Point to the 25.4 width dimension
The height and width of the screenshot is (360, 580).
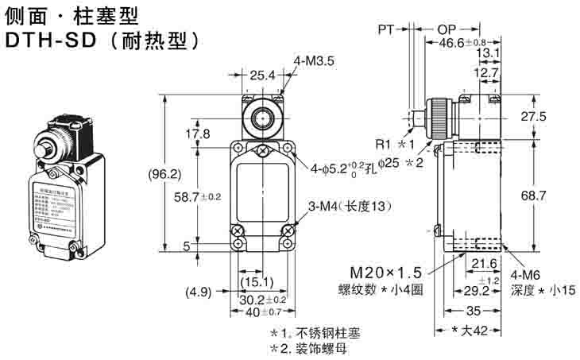pos(261,75)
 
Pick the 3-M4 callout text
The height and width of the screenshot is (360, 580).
pos(350,207)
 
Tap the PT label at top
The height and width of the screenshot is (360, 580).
pos(386,29)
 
